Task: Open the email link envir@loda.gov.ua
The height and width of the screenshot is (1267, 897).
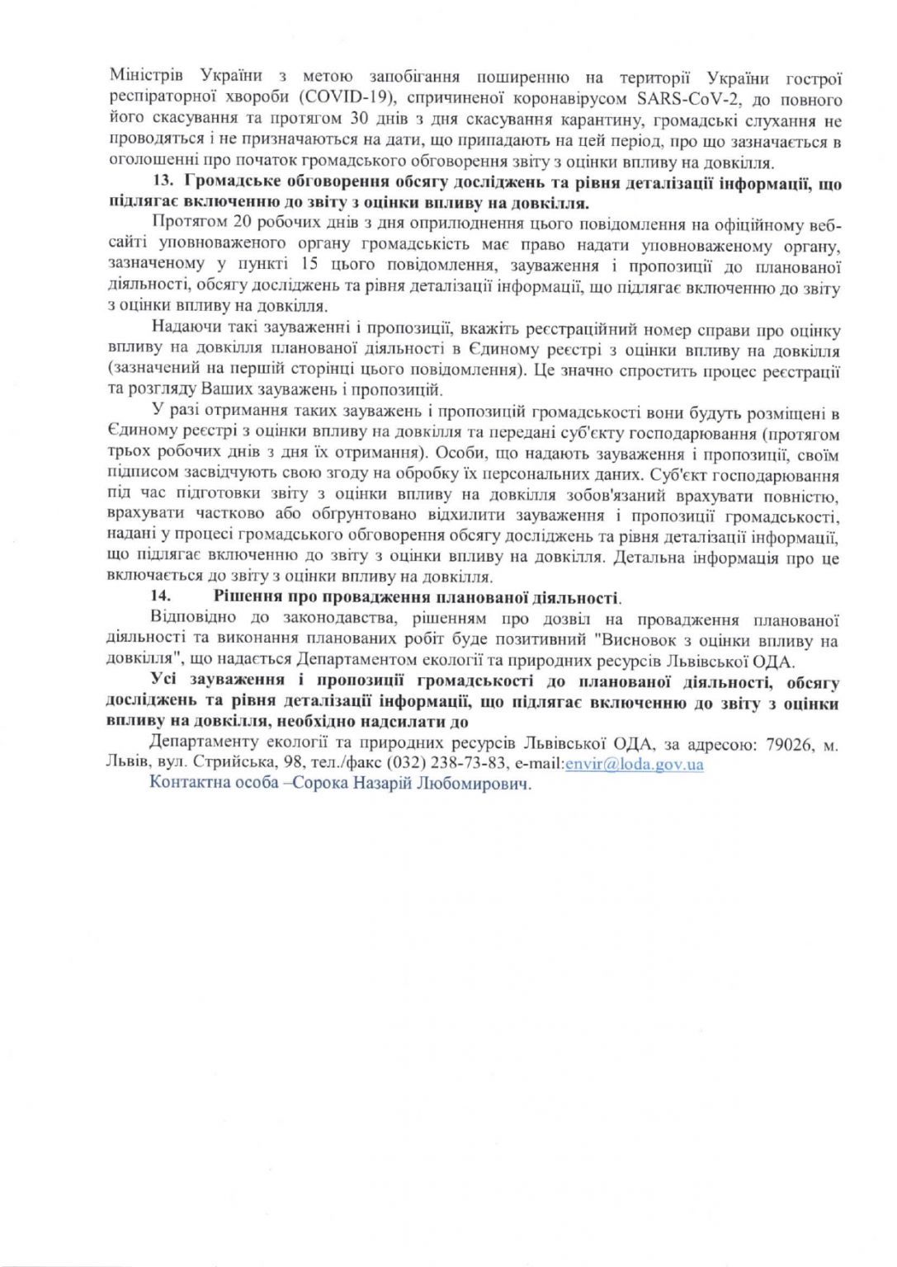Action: [x=633, y=764]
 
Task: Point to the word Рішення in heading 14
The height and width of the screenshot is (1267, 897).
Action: [x=244, y=597]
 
